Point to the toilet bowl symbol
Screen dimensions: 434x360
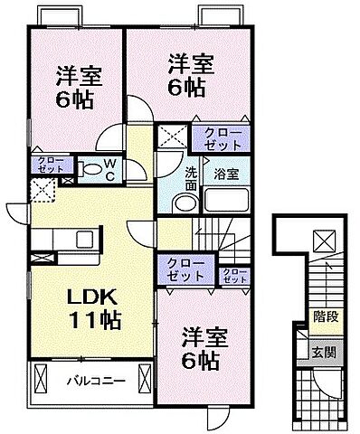[x=91, y=168]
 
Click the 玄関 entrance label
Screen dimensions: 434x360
[x=323, y=352]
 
